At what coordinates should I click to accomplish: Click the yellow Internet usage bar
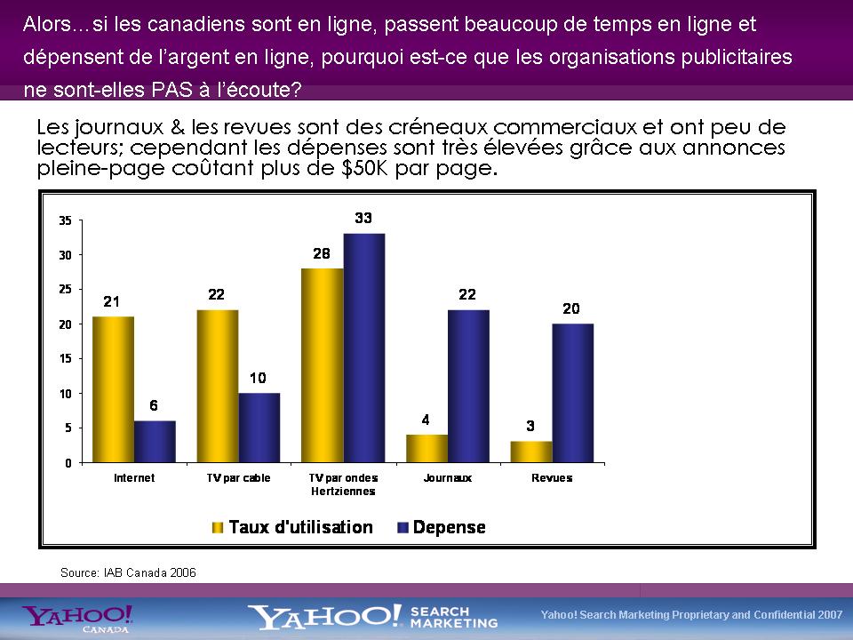click(x=113, y=389)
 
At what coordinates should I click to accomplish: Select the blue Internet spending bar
click(x=155, y=442)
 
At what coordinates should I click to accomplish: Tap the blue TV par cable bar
click(x=259, y=428)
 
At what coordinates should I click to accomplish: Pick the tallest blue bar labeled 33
click(x=363, y=348)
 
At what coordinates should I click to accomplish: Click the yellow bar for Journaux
click(x=426, y=449)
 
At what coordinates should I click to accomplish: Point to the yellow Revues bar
click(x=530, y=452)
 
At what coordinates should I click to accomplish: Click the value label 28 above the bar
click(x=322, y=254)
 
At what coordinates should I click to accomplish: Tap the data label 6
click(x=154, y=406)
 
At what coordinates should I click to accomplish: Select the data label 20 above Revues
click(x=571, y=308)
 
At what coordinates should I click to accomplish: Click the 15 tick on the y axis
click(x=64, y=358)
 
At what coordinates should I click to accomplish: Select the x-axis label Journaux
click(x=447, y=478)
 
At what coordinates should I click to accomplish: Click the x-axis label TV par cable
click(x=238, y=478)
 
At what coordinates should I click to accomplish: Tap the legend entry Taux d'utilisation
click(x=300, y=527)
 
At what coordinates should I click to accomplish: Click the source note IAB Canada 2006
click(x=128, y=572)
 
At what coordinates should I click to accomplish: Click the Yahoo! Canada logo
click(x=78, y=618)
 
